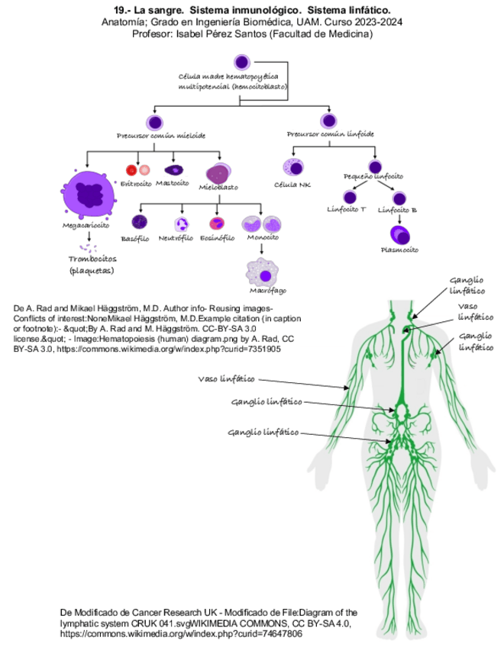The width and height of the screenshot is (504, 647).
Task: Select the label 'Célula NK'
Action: [x=292, y=185]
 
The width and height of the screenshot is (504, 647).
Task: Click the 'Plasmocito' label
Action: [x=400, y=249]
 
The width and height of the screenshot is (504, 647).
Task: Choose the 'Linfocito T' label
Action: [x=346, y=208]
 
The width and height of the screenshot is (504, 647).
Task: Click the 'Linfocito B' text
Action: [x=397, y=208]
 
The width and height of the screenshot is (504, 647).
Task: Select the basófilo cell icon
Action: [x=139, y=223]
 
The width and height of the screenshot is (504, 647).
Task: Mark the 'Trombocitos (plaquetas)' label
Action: [x=92, y=264]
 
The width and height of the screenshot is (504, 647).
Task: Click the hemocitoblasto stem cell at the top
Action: [x=241, y=62]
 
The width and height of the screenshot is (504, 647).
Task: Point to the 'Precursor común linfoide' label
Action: [x=330, y=134]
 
